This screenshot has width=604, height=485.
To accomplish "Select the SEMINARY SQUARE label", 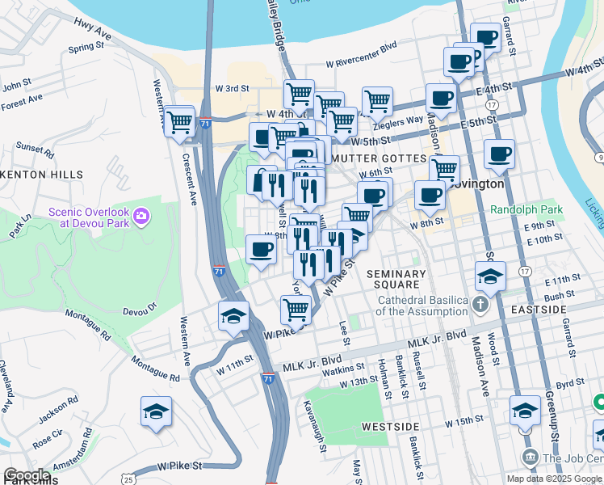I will click(x=394, y=279).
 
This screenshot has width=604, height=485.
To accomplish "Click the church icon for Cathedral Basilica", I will click(x=480, y=306).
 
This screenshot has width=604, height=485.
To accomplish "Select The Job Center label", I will click(x=573, y=458).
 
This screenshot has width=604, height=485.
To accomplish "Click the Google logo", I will click(x=27, y=475).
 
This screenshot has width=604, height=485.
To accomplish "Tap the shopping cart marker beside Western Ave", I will click(x=179, y=124).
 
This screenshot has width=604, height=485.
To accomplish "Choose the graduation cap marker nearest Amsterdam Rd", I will click(x=156, y=412).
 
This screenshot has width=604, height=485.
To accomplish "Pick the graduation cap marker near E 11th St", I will click(x=490, y=276).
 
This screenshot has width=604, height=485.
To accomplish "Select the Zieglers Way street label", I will click(x=396, y=120).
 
